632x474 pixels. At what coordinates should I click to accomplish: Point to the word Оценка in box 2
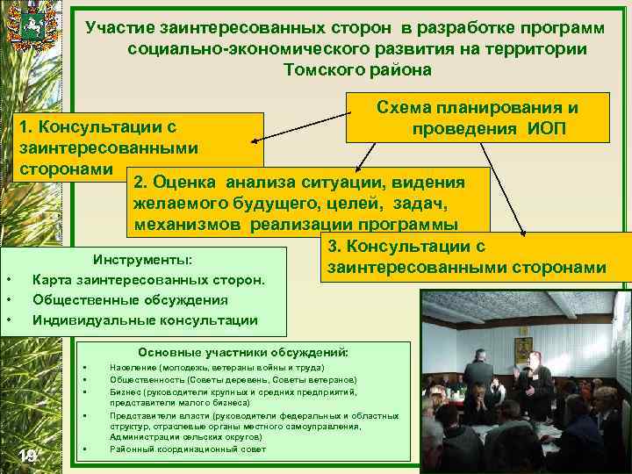183,183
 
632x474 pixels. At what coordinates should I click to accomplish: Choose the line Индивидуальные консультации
145,320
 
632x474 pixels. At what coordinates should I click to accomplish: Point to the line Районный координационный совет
188,449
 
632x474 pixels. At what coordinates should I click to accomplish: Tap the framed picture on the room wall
523,343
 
